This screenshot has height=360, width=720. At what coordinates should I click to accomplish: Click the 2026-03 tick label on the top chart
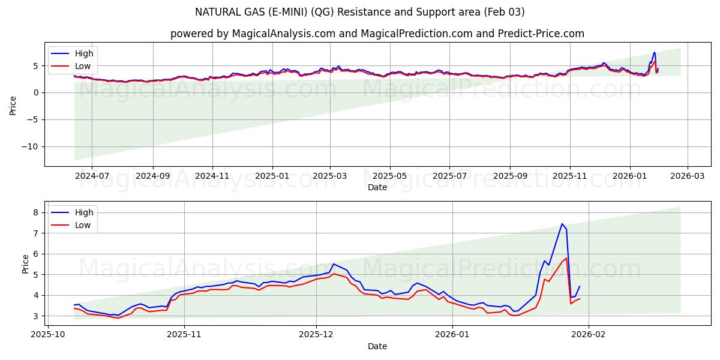688,176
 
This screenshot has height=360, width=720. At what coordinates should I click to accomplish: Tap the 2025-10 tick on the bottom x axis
47,335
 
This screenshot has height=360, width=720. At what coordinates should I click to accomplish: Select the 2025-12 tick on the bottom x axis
316,335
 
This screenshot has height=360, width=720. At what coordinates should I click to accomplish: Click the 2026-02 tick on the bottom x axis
589,335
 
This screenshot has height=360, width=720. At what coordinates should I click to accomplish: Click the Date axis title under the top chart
377,187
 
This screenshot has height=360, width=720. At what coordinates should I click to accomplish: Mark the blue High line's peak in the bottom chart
562,224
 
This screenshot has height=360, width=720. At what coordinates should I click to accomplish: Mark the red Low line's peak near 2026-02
566,259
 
